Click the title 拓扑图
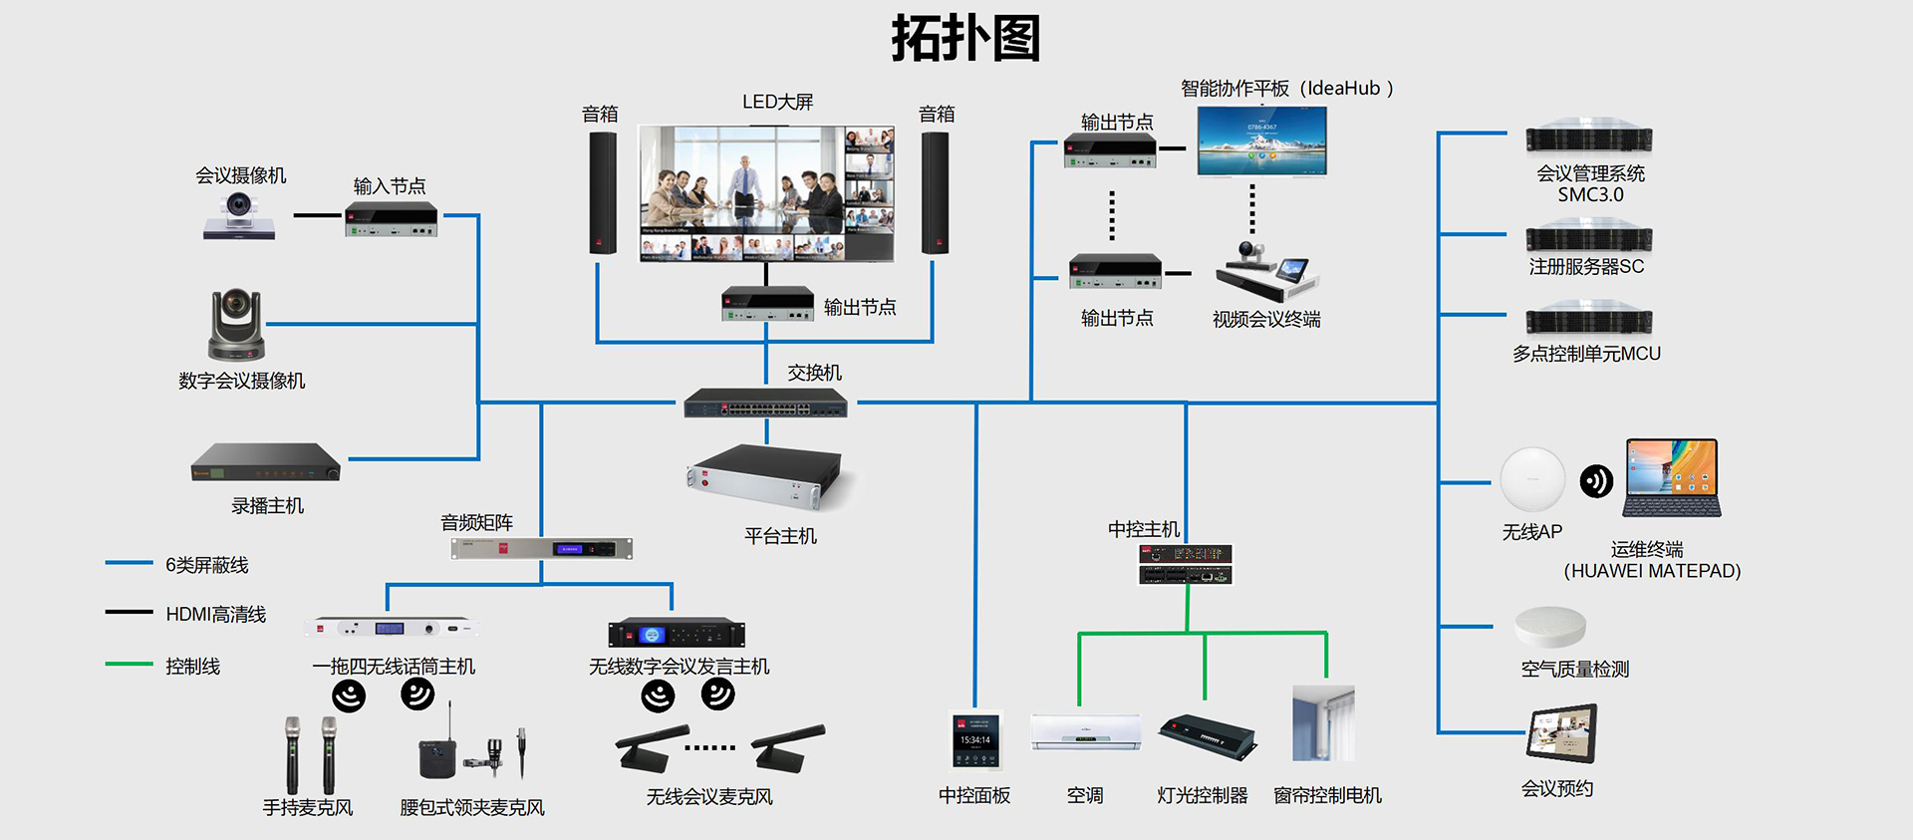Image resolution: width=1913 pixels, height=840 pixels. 964,39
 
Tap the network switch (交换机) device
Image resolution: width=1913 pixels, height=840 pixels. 765,404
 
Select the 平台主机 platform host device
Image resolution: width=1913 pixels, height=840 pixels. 764,477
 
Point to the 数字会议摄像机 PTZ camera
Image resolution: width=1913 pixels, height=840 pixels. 236,325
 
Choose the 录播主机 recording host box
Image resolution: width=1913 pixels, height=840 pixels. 266,462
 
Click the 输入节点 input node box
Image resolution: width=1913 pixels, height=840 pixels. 391,219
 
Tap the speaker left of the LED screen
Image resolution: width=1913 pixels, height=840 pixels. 602,192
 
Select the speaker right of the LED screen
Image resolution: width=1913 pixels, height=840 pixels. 935,192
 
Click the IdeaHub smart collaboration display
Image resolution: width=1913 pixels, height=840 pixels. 1261,140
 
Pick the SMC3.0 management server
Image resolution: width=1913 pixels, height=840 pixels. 1588,140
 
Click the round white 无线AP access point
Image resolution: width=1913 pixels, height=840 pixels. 1532,480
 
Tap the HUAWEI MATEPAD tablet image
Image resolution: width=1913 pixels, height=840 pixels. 1672,477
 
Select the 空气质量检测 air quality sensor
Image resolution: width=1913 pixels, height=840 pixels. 1549,627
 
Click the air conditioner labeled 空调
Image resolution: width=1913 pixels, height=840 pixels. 1086,732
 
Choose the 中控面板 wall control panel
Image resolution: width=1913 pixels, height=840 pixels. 974,741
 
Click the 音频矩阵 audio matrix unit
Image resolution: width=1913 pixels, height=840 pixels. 541,548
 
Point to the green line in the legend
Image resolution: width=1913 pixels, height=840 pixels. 130,664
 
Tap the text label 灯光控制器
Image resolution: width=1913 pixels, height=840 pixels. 1202,795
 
